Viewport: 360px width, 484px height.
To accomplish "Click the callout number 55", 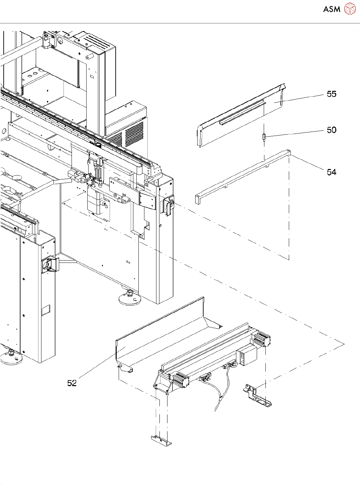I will [331, 94].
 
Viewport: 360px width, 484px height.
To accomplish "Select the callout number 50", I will [331, 130].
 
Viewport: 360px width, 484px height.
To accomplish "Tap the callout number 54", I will [331, 172].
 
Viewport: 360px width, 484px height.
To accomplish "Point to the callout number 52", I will [72, 383].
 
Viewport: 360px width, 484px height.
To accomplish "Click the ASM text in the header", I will [332, 9].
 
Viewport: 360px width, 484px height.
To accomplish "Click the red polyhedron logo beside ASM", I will [350, 9].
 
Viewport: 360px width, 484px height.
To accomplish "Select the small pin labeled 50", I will [264, 137].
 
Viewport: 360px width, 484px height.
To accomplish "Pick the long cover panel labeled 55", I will [241, 117].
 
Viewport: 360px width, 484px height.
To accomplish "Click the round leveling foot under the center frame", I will [130, 298].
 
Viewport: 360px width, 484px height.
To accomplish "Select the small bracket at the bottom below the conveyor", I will [161, 440].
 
